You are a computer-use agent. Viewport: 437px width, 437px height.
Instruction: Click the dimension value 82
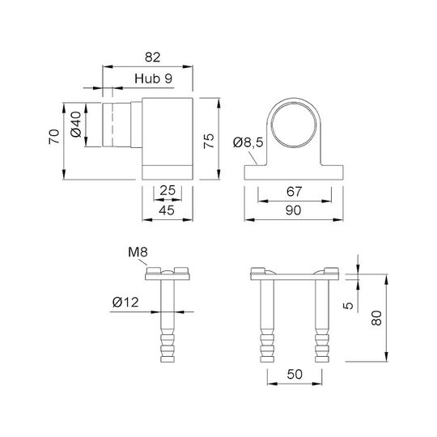tap(152, 57)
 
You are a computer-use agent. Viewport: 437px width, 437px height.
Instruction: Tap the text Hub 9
tap(153, 78)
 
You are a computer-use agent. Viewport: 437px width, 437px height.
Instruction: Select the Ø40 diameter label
tap(76, 125)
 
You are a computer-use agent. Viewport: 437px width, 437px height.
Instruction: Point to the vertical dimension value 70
tap(54, 137)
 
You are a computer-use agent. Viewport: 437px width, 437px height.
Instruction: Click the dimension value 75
tap(209, 141)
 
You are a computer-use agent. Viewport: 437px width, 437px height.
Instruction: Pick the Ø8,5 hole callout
tap(248, 142)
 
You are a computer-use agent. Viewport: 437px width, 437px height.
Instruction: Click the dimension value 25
tap(168, 190)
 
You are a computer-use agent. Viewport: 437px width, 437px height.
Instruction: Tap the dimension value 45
tap(167, 210)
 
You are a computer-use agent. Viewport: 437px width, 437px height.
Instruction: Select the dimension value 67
tap(294, 192)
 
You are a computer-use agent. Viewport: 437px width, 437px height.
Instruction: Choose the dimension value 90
tap(293, 210)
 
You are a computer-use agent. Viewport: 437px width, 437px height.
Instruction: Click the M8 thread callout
tap(138, 252)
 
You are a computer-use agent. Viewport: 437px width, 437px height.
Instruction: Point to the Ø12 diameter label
tap(125, 302)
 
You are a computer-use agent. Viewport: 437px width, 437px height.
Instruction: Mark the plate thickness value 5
tap(348, 305)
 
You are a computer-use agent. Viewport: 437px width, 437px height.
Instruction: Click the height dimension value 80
tap(376, 318)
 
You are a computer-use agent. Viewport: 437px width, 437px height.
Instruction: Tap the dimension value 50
tap(295, 374)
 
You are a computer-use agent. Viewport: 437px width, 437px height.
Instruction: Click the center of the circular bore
tap(294, 125)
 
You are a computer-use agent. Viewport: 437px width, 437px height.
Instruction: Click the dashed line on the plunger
tap(112, 117)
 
